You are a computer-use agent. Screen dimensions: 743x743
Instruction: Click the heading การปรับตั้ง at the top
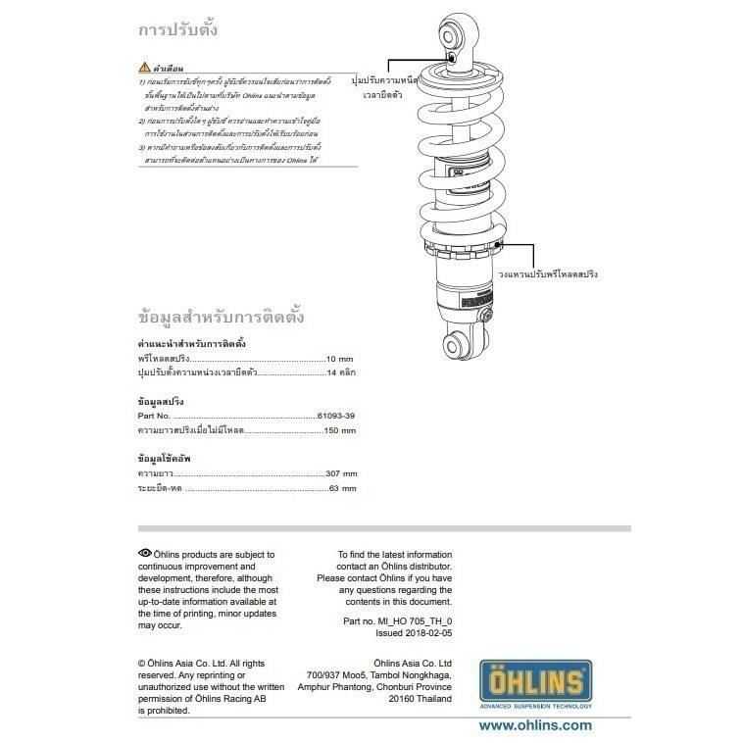(x=177, y=29)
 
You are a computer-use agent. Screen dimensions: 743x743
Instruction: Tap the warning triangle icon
(x=144, y=69)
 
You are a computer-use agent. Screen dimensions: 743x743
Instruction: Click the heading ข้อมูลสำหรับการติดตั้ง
(x=222, y=318)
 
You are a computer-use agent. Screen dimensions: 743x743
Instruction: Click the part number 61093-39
(x=335, y=418)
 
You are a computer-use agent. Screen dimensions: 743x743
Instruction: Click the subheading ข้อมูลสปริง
(x=161, y=402)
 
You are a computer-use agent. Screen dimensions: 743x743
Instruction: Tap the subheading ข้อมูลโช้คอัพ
(x=165, y=458)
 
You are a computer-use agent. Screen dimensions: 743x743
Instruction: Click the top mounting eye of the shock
(x=455, y=35)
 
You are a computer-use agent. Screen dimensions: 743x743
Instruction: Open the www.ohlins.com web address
(x=534, y=725)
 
